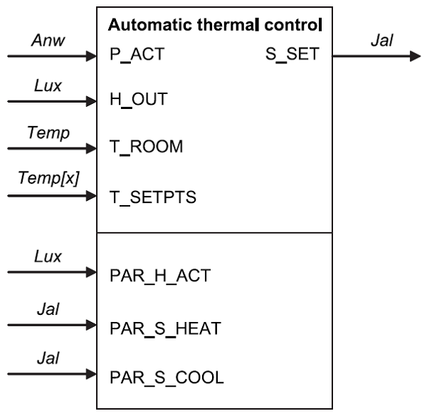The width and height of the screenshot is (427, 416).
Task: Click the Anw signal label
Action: [x=47, y=41]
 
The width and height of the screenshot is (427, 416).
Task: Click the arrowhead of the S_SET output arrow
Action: [x=414, y=56]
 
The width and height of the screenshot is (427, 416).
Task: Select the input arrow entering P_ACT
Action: [x=50, y=56]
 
